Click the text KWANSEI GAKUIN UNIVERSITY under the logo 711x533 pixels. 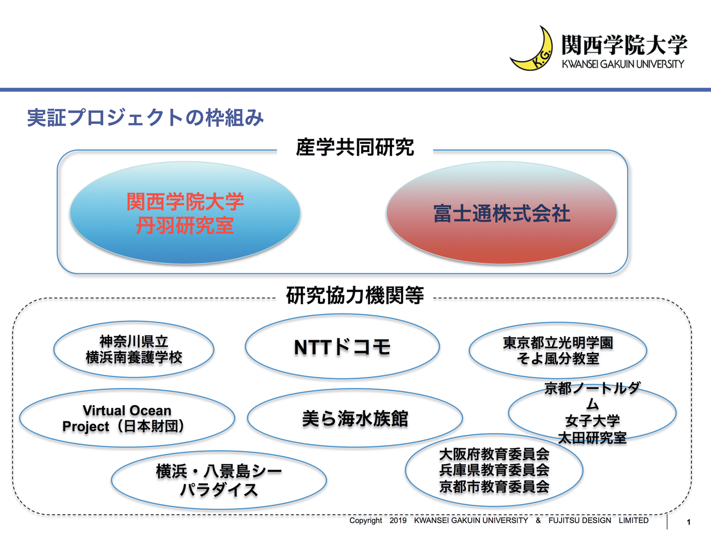point(623,64)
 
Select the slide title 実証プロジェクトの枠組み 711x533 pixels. point(146,118)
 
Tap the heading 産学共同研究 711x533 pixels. point(355,147)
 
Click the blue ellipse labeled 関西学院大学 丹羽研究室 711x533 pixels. point(185,213)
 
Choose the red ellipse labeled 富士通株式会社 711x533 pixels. point(502,213)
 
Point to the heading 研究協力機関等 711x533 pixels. point(355,295)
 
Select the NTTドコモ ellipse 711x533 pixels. point(342,347)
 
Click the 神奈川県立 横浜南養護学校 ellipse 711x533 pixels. point(134,350)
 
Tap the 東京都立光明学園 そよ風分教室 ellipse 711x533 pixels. point(558,351)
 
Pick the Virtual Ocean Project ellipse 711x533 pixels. point(127,419)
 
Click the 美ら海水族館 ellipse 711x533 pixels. point(355,419)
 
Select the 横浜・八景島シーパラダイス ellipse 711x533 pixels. point(219,480)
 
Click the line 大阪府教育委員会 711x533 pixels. point(494,454)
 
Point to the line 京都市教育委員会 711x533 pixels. point(494,487)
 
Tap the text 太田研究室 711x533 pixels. point(592,438)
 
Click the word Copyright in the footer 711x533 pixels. point(365,521)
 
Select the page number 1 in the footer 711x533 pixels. point(689,522)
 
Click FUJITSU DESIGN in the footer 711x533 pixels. point(579,521)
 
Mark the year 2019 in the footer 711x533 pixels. point(398,521)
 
